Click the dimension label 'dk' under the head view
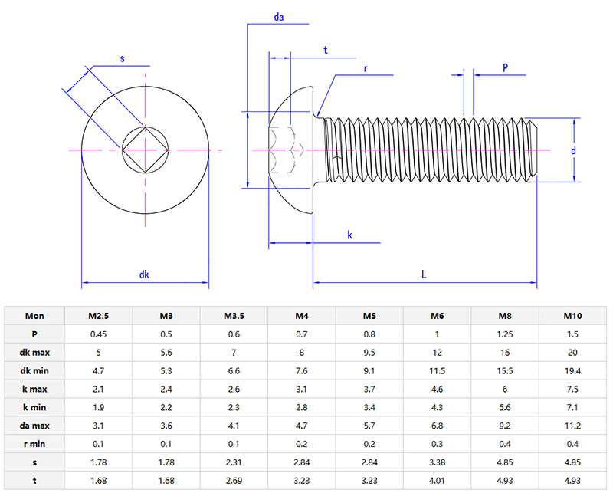coord(144,275)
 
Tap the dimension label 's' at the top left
coord(122,58)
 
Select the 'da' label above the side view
coord(279,16)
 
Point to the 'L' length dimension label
coord(423,274)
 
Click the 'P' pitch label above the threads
coord(505,67)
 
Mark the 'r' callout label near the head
coord(366,68)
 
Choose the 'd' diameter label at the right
coord(572,151)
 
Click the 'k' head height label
coord(349,235)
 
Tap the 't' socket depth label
coord(326,50)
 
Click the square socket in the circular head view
coord(145,150)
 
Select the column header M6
coord(438,315)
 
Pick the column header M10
coord(573,315)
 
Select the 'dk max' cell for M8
coord(505,352)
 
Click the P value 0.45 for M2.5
coord(98,334)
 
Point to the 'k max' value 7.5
coord(573,389)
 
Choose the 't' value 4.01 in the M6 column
coord(438,481)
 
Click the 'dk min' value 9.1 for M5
coord(369,370)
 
